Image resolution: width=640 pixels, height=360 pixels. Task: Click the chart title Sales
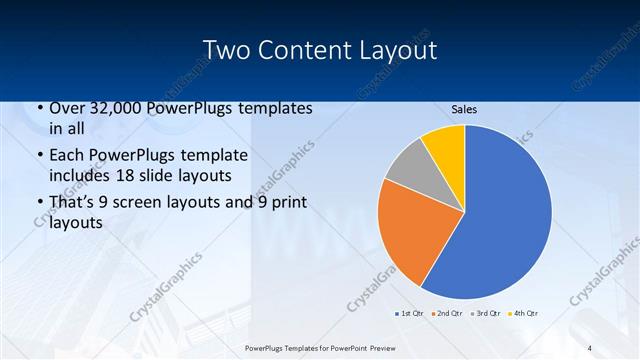pyautogui.click(x=464, y=109)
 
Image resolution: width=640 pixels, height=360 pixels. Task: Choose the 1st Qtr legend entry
pyautogui.click(x=410, y=314)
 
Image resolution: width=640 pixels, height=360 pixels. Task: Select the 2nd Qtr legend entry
pyautogui.click(x=447, y=314)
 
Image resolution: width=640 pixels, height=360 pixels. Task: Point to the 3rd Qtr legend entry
pyautogui.click(x=485, y=314)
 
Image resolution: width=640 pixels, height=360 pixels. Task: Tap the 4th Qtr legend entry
pyautogui.click(x=523, y=314)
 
